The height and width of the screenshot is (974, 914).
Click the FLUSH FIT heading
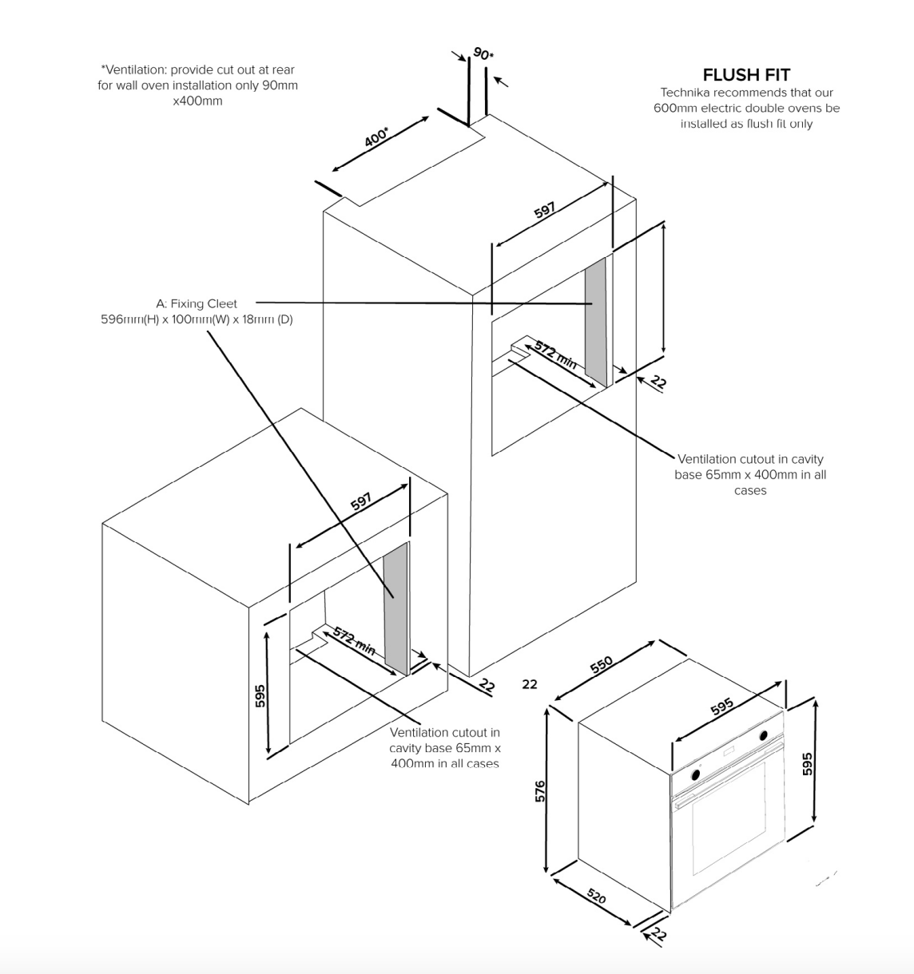(746, 75)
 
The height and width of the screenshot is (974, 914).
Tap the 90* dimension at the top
(483, 54)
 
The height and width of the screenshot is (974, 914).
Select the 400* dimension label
(376, 137)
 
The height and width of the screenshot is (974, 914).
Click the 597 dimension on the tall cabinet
(545, 211)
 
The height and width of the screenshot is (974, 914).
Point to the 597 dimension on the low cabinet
(361, 501)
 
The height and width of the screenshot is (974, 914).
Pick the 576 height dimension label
(540, 790)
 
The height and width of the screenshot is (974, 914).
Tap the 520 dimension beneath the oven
(596, 897)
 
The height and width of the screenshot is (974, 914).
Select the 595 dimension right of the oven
(807, 763)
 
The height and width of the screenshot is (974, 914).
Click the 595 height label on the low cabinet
(260, 695)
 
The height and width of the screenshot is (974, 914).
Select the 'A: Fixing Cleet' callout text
(197, 303)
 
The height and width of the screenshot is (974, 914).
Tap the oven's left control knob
(696, 774)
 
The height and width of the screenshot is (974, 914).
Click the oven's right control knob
(764, 735)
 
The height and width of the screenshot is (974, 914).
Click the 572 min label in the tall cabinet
(555, 354)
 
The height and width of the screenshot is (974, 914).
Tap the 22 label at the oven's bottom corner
(658, 934)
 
